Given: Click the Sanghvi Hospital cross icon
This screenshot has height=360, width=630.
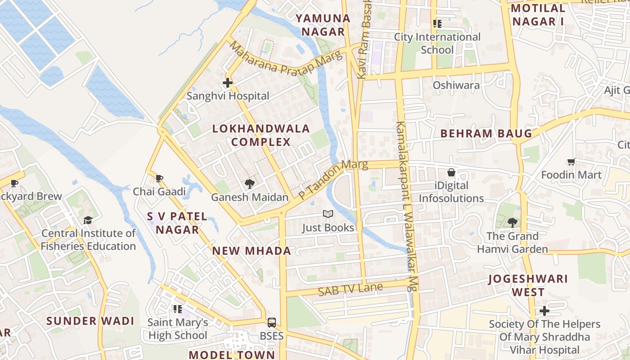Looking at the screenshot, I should coord(228,83).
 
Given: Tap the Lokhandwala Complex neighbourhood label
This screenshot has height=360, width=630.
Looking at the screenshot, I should coord(261,135).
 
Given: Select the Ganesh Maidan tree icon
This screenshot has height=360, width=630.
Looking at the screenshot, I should coord(249,184).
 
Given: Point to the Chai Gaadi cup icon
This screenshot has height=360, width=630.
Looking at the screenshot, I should coord(159,178).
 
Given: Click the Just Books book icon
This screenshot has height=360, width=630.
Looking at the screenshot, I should coord(328,214).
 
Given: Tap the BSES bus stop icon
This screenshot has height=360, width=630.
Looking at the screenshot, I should coord(272,322).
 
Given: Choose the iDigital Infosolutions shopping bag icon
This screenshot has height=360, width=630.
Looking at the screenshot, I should coord(451,172).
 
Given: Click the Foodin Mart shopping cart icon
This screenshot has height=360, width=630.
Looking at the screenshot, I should coord(571,162).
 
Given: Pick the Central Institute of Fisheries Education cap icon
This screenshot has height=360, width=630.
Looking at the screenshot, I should coord(88,220).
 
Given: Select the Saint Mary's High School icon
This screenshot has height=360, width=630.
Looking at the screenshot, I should coord(178,309).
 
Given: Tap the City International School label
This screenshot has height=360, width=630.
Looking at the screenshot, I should coord(437,43).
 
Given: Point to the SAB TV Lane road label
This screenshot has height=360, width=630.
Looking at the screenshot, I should coord(350,289).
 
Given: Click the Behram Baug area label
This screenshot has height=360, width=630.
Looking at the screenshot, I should coord(486,134).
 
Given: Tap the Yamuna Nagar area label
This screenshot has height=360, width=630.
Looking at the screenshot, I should coord(323,25).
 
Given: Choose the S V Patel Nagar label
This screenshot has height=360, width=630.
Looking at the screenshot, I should coord(177,223).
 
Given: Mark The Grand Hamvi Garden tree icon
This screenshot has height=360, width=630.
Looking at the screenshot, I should coord(512,222).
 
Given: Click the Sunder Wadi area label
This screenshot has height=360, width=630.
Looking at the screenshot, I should coord(90,321).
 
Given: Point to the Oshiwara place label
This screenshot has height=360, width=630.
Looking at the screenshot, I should coord(456,85).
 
